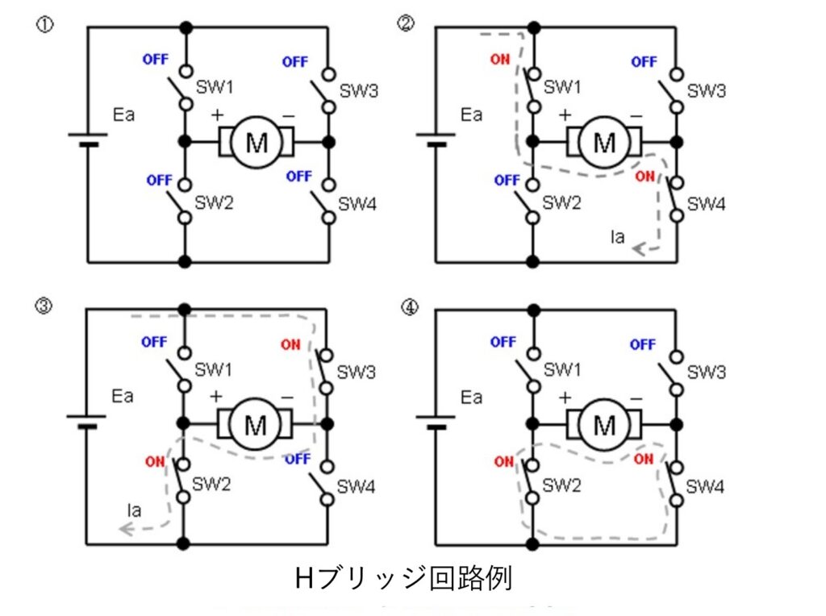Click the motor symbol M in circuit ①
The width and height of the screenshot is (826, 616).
257,143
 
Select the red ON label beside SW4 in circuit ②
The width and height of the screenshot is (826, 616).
645,175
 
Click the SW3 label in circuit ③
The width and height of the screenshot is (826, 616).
357,373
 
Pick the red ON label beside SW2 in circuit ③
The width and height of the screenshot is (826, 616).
156,462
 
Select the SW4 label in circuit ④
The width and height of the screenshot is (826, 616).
705,487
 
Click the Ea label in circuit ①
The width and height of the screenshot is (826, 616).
124,114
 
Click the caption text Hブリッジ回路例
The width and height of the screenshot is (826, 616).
403,578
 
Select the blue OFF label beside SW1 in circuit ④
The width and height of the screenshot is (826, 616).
503,342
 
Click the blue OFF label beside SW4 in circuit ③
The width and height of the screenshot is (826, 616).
298,459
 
